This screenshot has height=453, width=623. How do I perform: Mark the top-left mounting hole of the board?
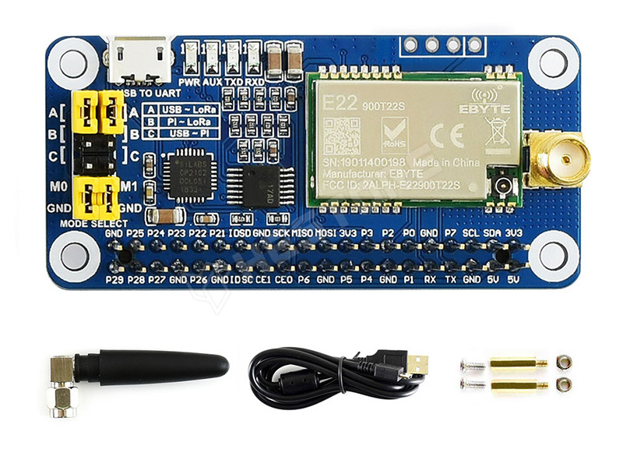[75, 62]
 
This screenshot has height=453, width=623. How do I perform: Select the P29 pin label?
[114, 278]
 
